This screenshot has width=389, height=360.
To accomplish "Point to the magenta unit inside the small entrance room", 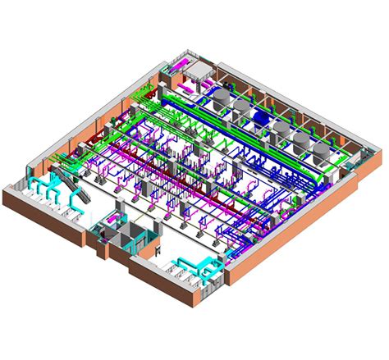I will pos(151,244).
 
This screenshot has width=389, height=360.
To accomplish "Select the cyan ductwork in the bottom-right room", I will pos(194,267).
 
